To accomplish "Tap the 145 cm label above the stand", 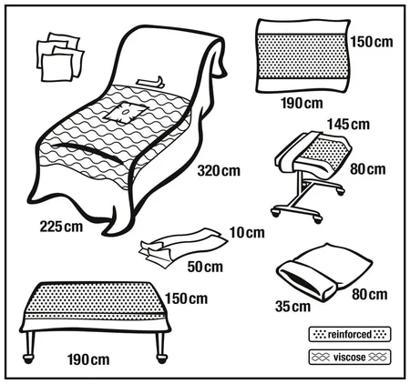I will click(x=348, y=124).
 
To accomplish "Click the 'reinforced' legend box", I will click(x=350, y=332).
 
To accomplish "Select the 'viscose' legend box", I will click(x=350, y=356).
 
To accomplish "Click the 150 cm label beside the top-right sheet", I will click(x=372, y=43).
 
